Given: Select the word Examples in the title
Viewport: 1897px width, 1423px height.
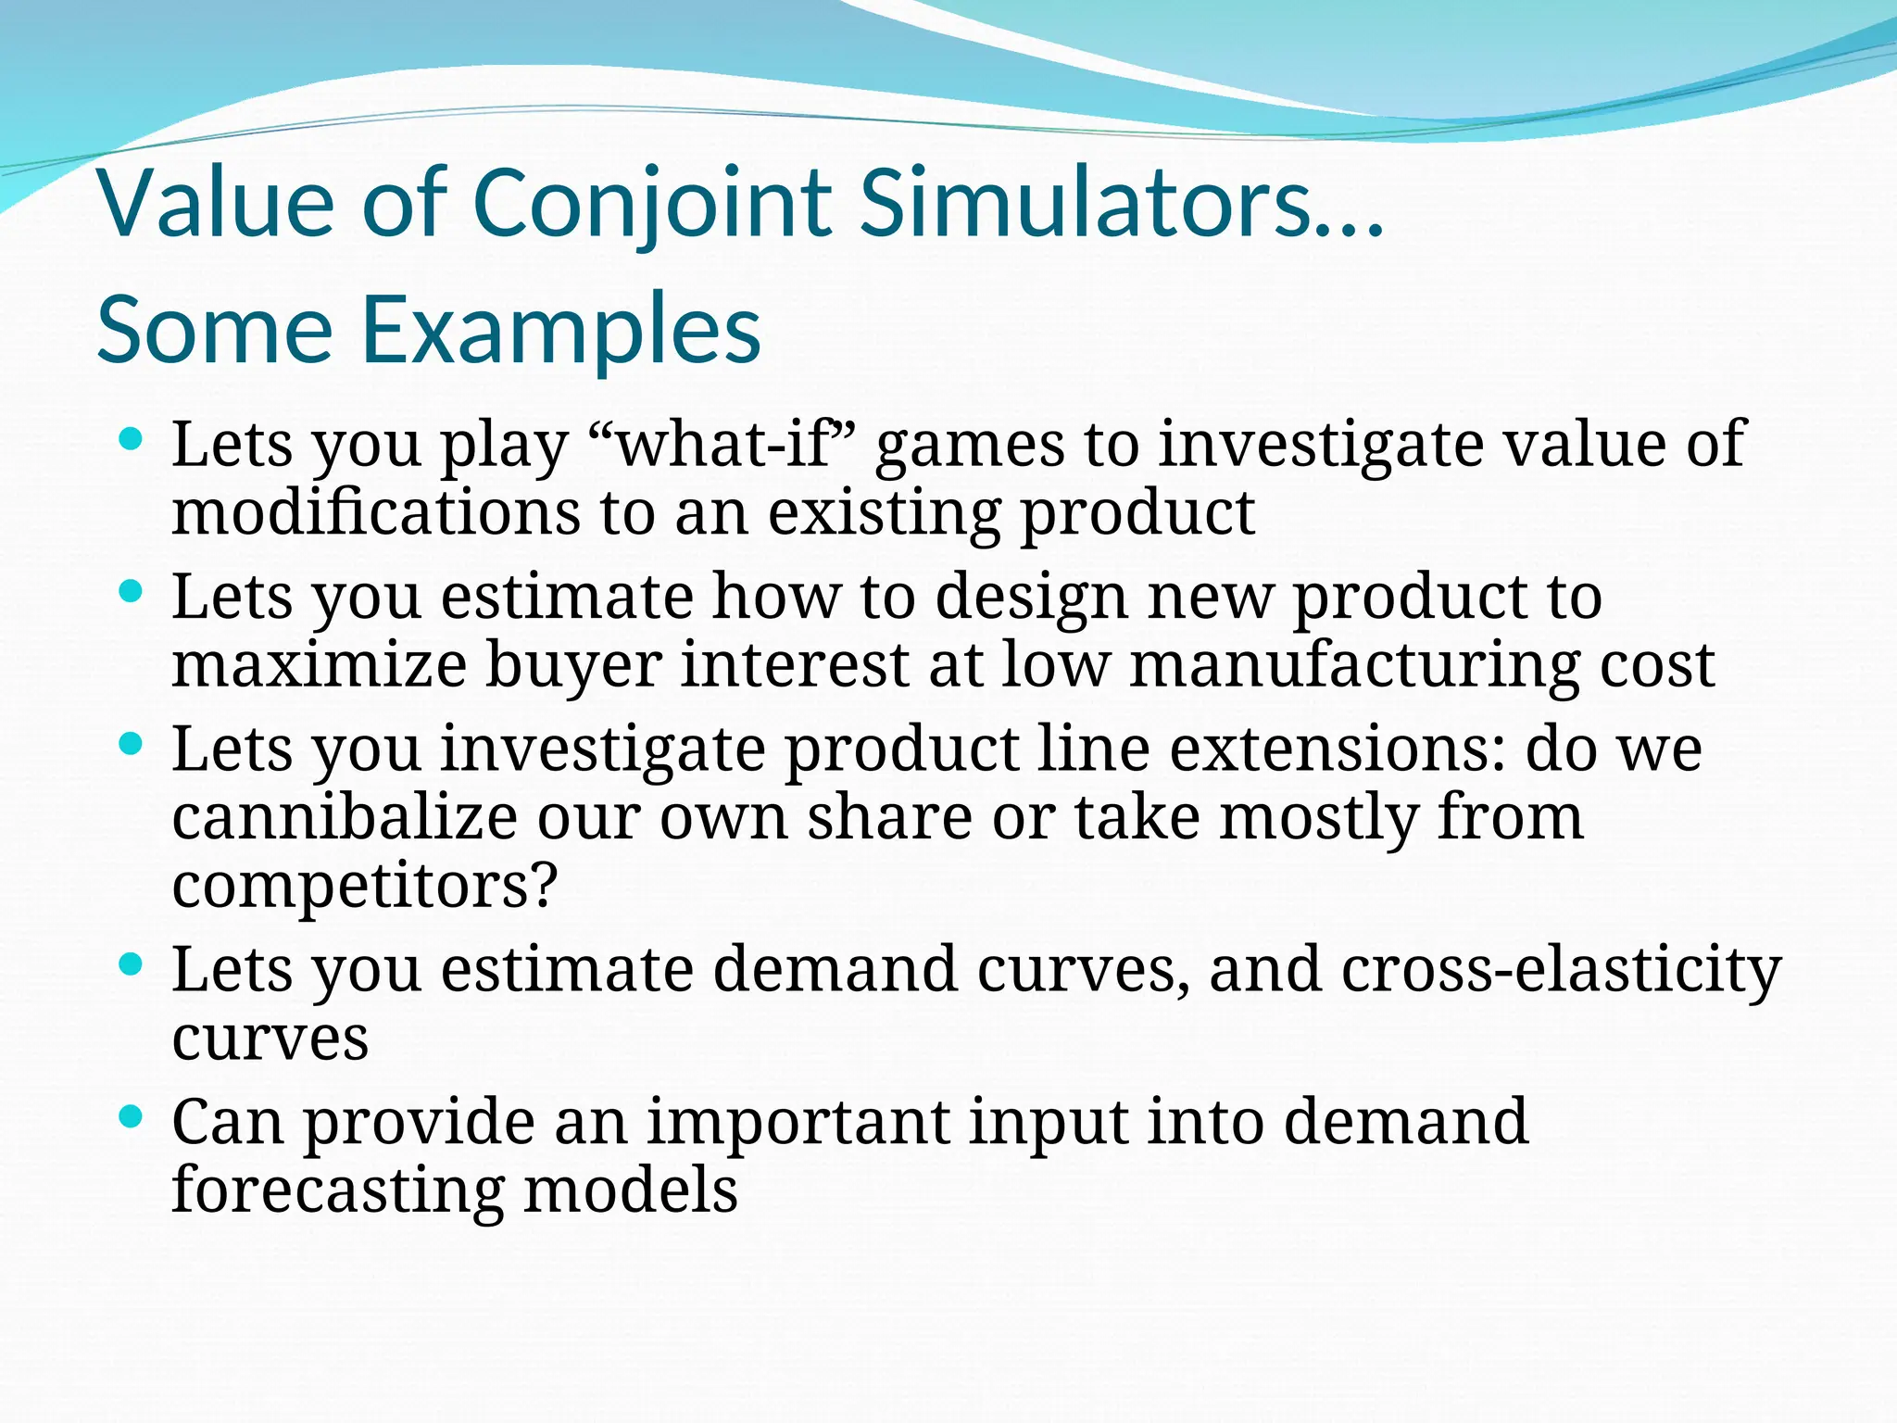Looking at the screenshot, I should [559, 330].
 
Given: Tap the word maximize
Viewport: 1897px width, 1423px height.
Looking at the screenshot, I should [319, 665].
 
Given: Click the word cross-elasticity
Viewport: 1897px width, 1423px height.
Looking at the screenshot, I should [1561, 969].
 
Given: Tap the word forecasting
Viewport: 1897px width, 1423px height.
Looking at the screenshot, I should [337, 1190].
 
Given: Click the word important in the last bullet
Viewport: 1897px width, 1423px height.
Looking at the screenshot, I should [798, 1122].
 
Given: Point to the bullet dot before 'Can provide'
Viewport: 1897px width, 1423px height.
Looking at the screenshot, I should [132, 1118].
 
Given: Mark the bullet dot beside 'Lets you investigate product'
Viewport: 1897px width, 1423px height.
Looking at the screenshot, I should [132, 744].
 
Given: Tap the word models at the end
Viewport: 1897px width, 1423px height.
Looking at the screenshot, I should [630, 1190].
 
